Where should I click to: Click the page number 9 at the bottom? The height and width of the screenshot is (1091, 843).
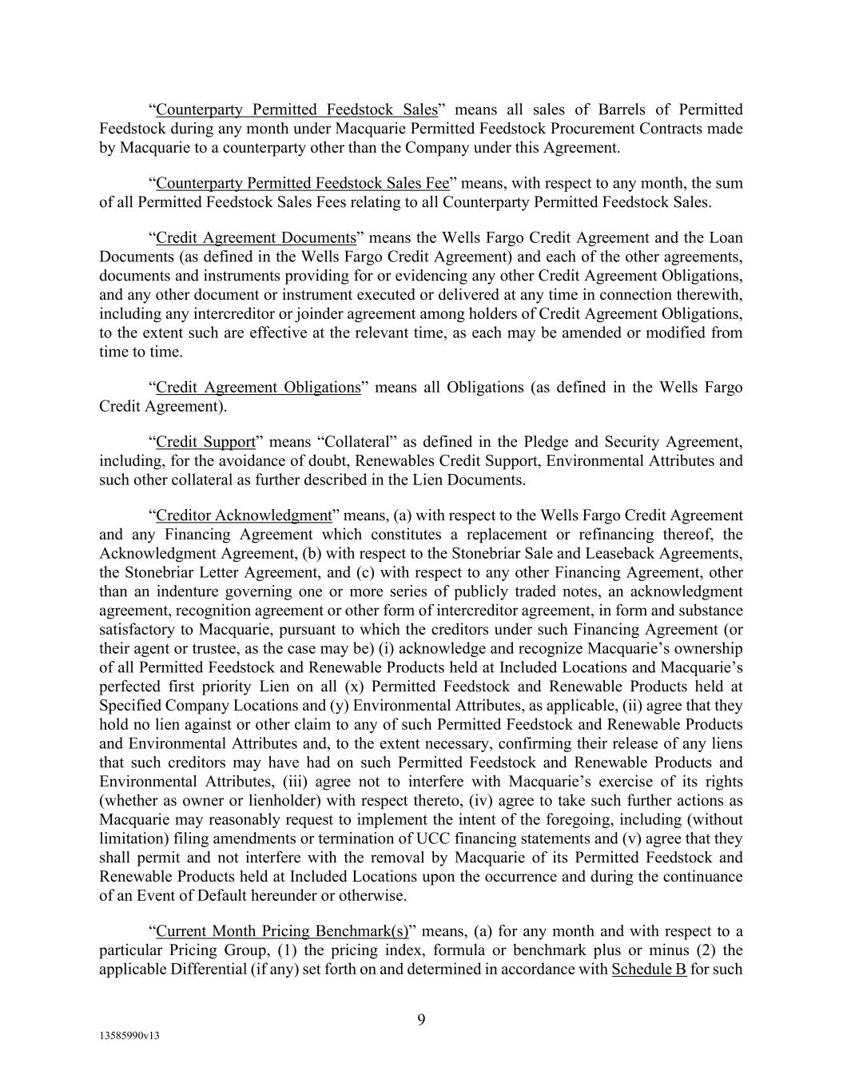421,1019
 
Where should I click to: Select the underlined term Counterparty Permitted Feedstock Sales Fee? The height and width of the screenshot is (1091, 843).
302,183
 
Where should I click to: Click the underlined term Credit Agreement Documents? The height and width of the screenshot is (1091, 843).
256,237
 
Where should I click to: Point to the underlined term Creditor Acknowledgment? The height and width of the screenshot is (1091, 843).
243,516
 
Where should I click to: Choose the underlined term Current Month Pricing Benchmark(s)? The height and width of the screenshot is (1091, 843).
282,931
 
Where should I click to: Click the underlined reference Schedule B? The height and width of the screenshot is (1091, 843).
648,970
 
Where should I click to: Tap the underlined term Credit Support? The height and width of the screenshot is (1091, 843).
205,442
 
